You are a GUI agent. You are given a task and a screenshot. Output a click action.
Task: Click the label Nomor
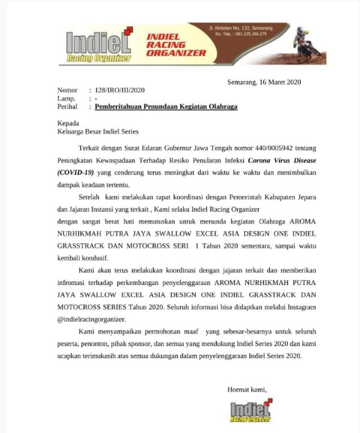(x=67, y=90)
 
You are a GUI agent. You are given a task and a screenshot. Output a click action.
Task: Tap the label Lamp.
(x=66, y=98)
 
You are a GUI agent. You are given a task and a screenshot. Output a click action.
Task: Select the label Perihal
(x=68, y=107)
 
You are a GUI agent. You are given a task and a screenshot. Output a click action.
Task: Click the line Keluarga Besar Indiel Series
(x=97, y=132)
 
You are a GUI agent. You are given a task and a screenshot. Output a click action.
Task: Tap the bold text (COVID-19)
(x=76, y=172)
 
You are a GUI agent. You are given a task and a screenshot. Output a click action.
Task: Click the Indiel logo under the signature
(x=250, y=411)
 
